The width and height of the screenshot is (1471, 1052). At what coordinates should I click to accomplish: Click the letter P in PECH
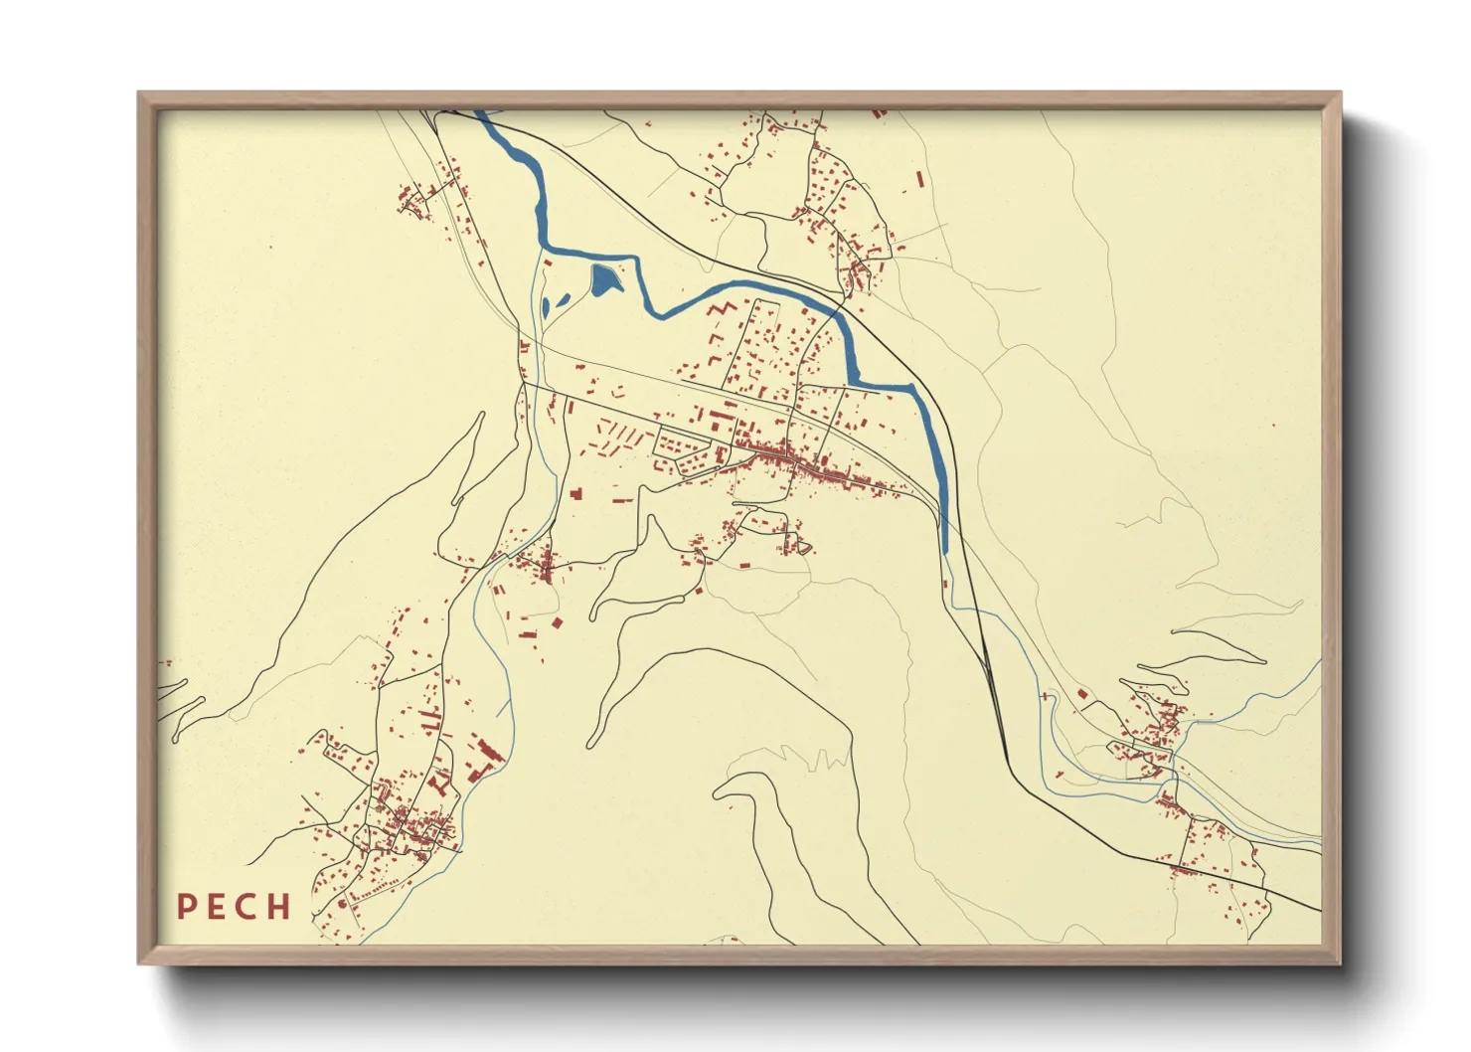coord(186,907)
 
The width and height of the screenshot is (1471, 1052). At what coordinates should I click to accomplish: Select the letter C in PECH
coord(246,907)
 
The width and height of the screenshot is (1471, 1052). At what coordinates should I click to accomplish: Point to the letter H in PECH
coord(278,907)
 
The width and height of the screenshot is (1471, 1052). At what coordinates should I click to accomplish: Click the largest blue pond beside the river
coord(604,280)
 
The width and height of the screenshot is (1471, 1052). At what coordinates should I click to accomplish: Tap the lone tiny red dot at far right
coord(1273,426)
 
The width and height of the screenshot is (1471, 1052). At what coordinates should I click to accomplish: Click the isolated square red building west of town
coord(574,491)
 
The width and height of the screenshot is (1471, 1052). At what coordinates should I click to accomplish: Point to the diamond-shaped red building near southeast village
coord(1081,694)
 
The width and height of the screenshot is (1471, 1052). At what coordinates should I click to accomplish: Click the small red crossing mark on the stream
coord(1045,697)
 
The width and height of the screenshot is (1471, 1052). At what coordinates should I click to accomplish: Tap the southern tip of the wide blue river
coord(944,549)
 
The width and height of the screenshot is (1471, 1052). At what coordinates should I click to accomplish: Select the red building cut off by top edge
coord(879,113)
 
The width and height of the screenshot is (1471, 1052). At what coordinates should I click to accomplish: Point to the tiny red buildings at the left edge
coord(166,663)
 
